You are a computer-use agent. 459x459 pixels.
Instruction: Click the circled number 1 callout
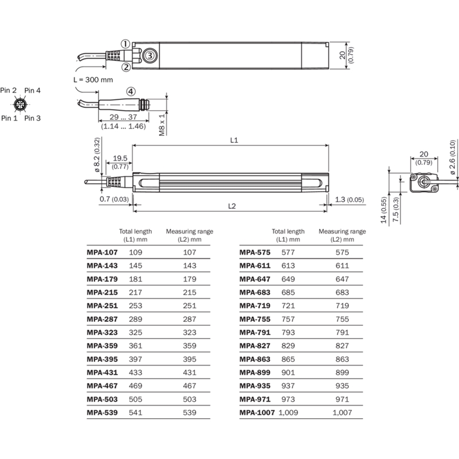tap(126, 44)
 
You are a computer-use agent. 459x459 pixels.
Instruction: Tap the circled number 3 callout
tap(150, 55)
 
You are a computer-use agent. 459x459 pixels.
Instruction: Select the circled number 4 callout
tap(131, 92)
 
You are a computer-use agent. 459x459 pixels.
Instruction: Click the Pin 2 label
tap(8, 90)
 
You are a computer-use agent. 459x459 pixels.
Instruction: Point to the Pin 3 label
tap(32, 118)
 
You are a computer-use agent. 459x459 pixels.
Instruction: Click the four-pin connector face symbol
tap(20, 104)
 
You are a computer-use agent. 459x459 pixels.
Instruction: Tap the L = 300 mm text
tap(93, 80)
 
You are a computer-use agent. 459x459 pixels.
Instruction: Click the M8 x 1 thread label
tap(162, 125)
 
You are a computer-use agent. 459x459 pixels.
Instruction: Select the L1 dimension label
tap(234, 140)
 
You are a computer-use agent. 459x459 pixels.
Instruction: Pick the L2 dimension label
tap(232, 206)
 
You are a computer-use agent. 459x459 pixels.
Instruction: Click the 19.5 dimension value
tap(120, 158)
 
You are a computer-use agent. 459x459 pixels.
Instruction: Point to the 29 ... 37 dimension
tap(123, 117)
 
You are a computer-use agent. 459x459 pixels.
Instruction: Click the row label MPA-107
tap(102, 252)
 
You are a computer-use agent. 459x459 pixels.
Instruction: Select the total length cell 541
tap(135, 413)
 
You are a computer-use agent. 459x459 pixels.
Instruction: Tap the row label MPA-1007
tap(257, 413)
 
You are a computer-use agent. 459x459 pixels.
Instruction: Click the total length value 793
tap(288, 333)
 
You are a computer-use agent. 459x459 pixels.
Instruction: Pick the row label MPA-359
tap(102, 346)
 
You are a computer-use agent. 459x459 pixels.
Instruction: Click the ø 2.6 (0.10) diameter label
tap(452, 157)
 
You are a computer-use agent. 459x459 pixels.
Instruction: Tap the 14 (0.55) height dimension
tap(384, 210)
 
